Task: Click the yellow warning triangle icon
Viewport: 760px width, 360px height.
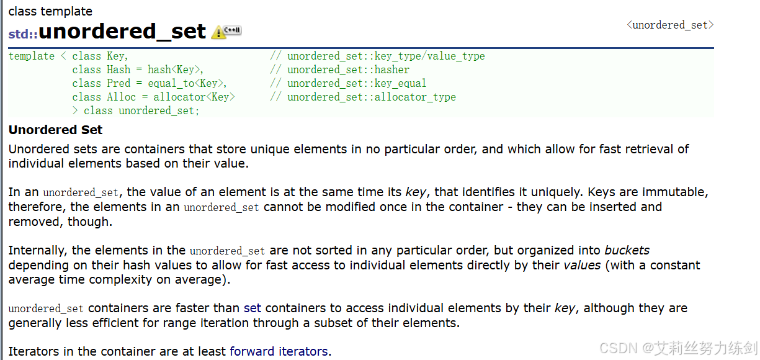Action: (218, 32)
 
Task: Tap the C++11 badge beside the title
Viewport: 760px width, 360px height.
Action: (233, 30)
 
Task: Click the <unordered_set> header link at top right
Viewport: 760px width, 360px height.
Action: (670, 25)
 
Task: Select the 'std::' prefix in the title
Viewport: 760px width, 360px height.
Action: (23, 34)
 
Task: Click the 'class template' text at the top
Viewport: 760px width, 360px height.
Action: (50, 11)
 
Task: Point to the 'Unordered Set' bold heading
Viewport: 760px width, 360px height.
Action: (55, 130)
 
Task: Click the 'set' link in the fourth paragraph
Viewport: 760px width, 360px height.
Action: (253, 308)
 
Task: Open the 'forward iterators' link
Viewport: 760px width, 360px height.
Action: (279, 351)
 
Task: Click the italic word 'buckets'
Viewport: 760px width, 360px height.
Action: (627, 250)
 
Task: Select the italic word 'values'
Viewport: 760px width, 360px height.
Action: (582, 265)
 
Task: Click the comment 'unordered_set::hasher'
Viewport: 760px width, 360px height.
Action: (348, 70)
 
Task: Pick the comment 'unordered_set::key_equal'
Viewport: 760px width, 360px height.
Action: (357, 83)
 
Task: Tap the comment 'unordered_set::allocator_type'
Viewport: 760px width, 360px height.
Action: (371, 97)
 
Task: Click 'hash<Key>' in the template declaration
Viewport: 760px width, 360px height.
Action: (176, 70)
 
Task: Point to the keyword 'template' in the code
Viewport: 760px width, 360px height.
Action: (32, 56)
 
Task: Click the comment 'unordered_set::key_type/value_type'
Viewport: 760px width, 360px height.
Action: (386, 56)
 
